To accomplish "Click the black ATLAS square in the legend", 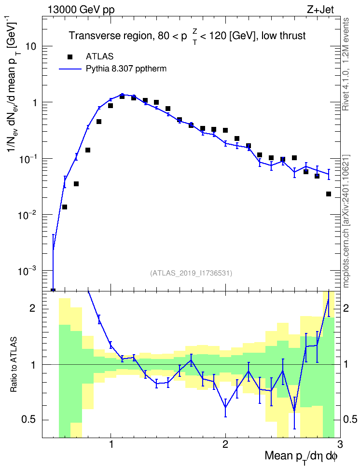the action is (70, 56).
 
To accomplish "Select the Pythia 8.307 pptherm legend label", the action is (126, 69).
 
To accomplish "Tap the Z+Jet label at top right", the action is (320, 10).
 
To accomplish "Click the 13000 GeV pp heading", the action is (81, 10).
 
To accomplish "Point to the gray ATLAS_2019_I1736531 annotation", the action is (191, 273).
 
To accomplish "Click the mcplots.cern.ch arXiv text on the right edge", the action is (346, 221).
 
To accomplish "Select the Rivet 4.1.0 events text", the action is (346, 64).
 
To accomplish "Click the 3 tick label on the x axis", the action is (340, 443).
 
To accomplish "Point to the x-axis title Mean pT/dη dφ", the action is (301, 457).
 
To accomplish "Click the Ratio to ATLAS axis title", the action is (13, 365).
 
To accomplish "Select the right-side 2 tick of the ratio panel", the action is (346, 308).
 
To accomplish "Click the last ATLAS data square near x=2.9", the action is (329, 194).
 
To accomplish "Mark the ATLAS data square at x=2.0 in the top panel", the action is (225, 130).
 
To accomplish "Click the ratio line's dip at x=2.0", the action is (225, 407).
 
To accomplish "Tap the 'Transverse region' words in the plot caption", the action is (109, 36).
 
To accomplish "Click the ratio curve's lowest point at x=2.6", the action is (294, 411).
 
